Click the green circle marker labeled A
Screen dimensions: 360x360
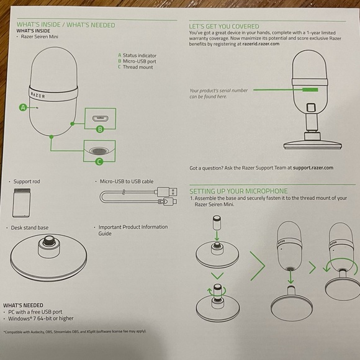coord(22,107)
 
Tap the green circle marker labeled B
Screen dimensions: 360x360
coord(99,129)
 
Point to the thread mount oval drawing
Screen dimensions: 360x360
coord(99,150)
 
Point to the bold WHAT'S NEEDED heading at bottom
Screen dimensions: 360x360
coord(23,305)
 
